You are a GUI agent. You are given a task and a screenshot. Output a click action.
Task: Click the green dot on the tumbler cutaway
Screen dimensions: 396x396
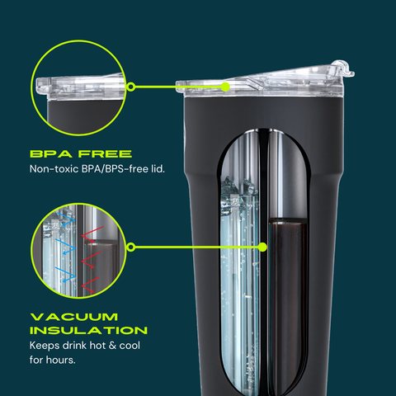[263, 246]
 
